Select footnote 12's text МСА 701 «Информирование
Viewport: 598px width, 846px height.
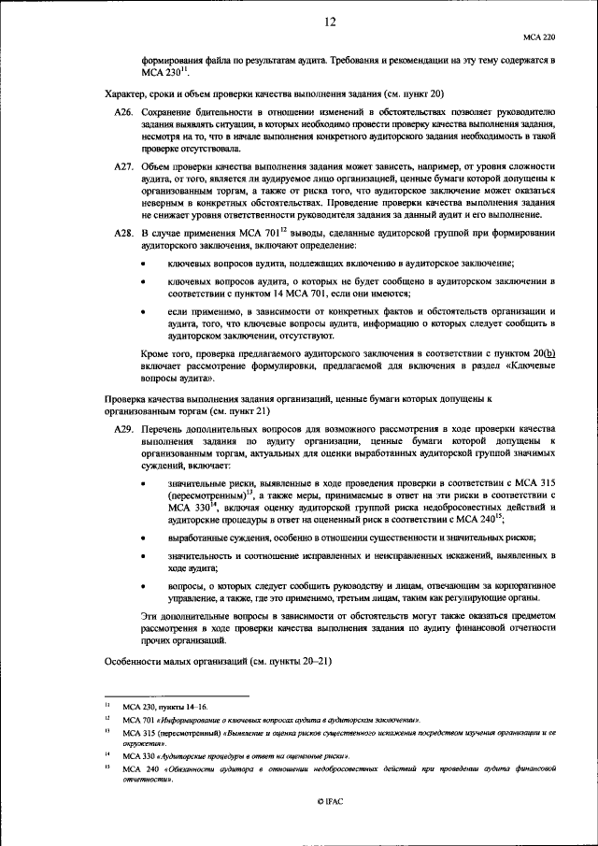(x=187, y=720)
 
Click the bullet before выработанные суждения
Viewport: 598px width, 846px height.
(x=142, y=539)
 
